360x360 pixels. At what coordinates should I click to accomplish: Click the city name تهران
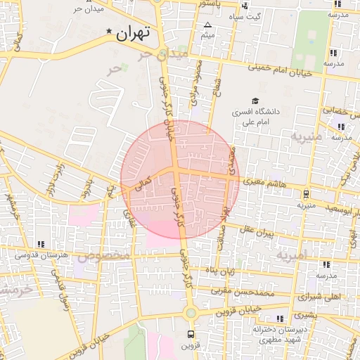[134, 33]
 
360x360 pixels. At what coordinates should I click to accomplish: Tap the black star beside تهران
[108, 32]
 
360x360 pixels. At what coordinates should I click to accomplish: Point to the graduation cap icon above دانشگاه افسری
[256, 101]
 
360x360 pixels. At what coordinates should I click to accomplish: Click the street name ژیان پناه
[219, 270]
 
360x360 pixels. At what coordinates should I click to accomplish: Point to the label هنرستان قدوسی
[45, 255]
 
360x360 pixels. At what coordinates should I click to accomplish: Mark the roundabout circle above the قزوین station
[190, 312]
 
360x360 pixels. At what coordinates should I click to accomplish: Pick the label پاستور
[211, 4]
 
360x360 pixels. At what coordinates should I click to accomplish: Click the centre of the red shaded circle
[180, 179]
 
